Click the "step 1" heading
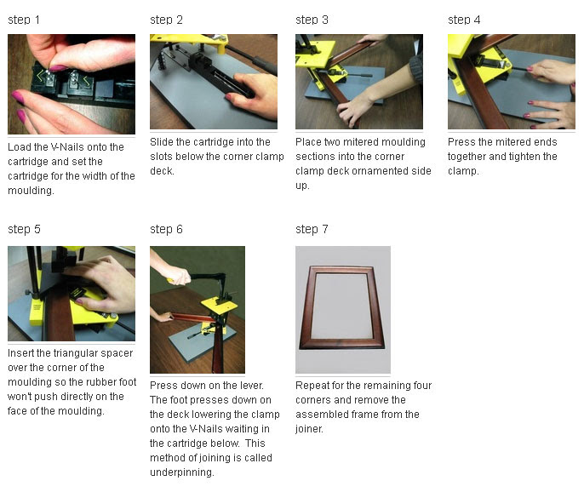[x=24, y=20]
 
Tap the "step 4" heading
[x=464, y=20]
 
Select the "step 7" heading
[x=312, y=229]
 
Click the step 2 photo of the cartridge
[x=214, y=82]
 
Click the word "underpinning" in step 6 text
[x=181, y=472]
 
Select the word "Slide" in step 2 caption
[x=162, y=142]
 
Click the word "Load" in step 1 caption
[x=19, y=147]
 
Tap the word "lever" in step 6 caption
[x=254, y=385]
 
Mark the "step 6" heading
[x=166, y=229]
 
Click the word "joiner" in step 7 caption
[x=309, y=429]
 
